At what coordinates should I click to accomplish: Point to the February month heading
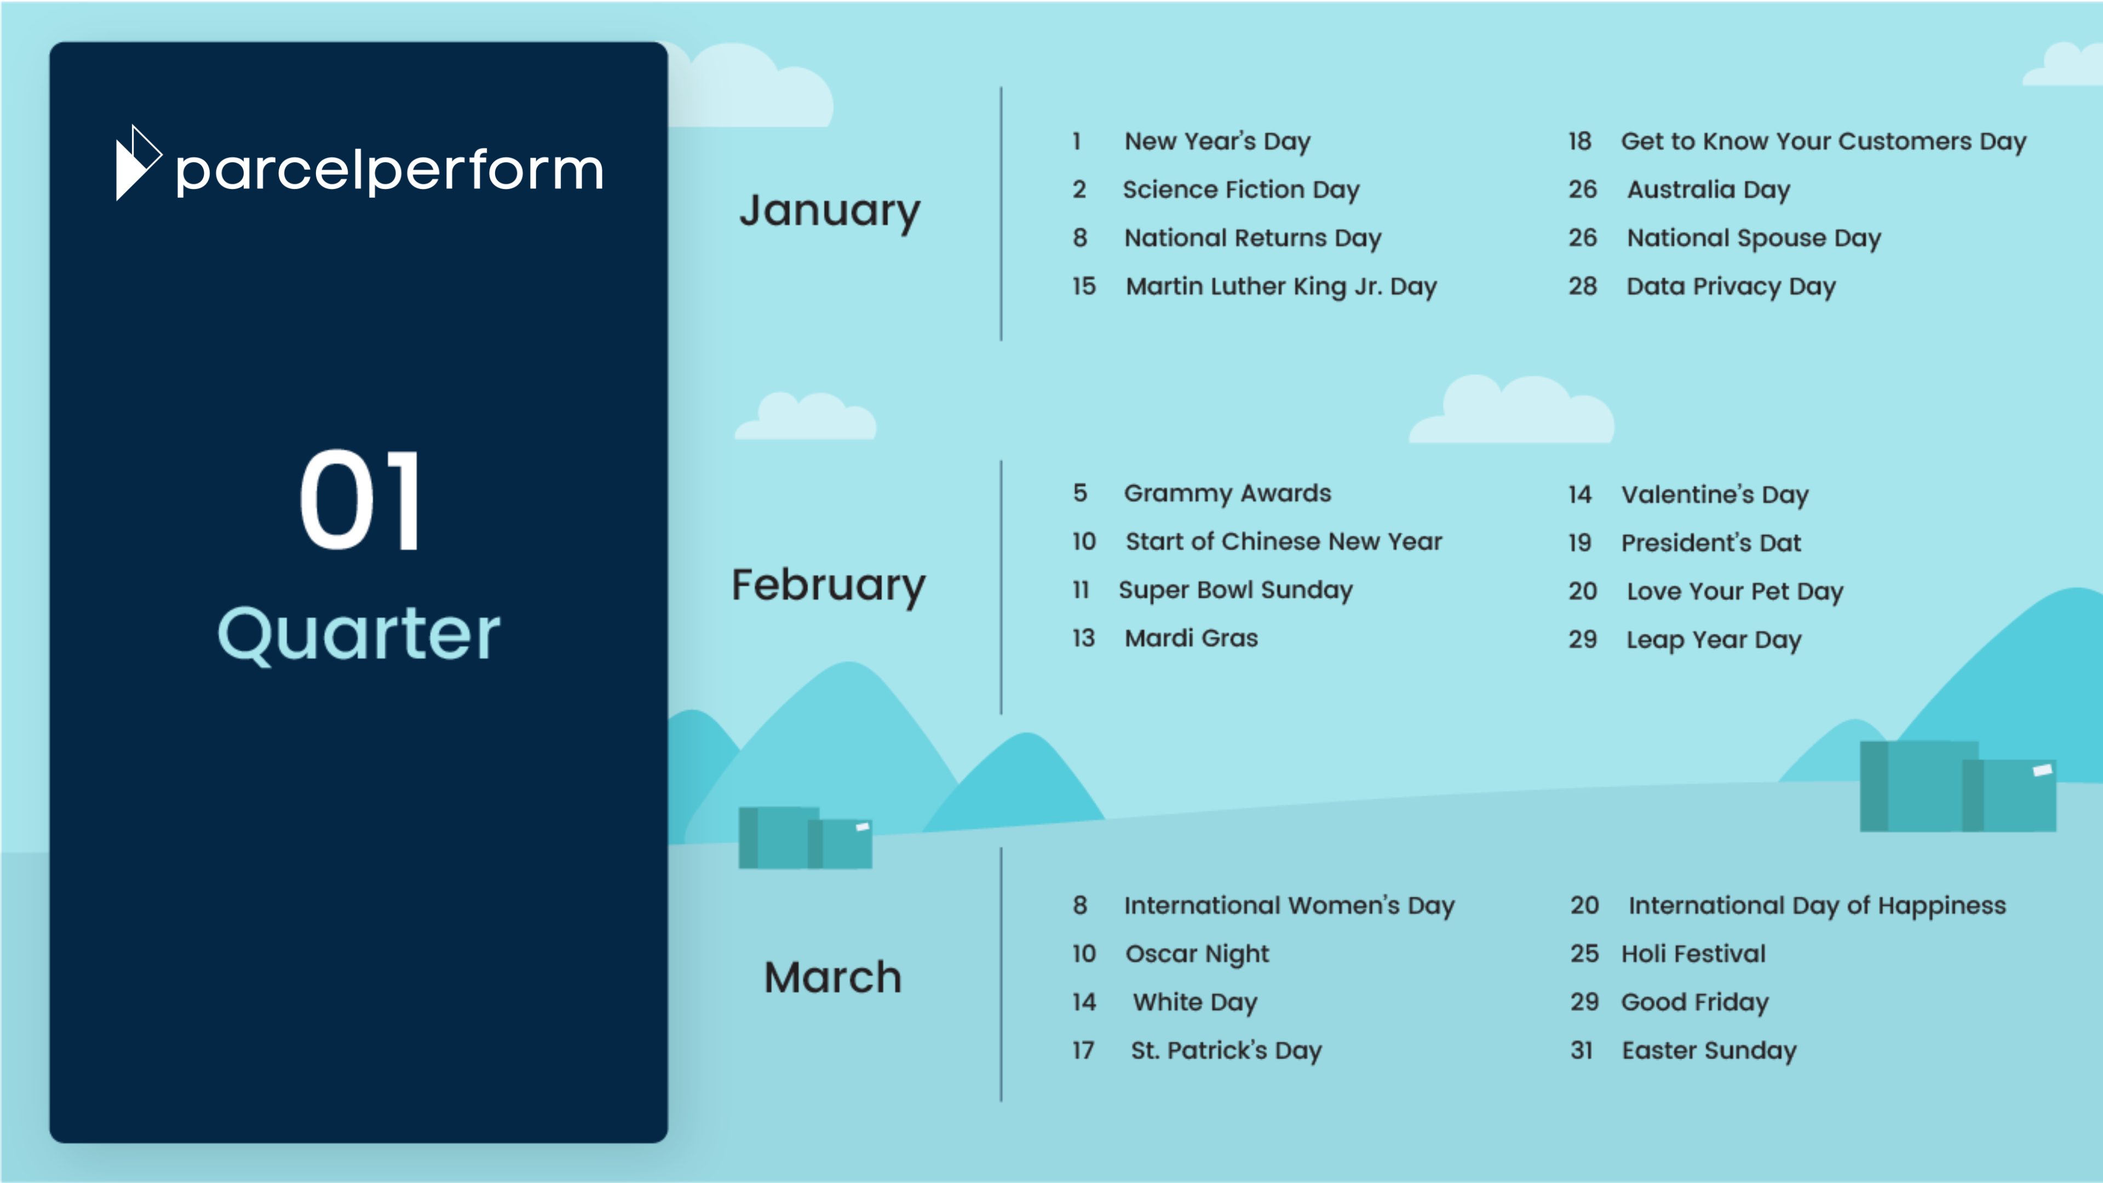point(829,585)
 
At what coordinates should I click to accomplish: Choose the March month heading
point(832,977)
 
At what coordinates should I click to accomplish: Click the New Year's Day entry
point(1217,141)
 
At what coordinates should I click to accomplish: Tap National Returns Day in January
point(1252,238)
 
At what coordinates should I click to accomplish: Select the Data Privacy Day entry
point(1731,286)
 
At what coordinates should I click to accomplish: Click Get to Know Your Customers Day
point(1823,141)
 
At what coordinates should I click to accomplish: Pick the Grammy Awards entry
point(1227,493)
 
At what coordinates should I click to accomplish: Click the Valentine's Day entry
point(1714,495)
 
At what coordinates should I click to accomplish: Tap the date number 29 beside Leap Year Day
point(1582,639)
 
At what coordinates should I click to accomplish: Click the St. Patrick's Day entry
point(1226,1051)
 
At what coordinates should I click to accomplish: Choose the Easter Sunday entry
point(1709,1051)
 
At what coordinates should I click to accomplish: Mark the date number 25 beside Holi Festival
point(1584,954)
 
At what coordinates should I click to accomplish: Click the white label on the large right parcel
point(2042,770)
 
